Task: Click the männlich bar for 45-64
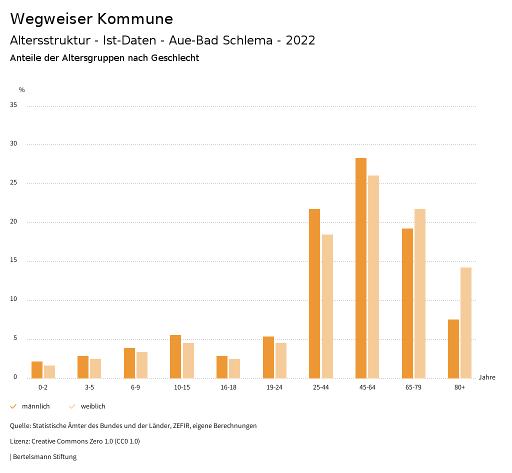(361, 268)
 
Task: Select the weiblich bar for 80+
(466, 322)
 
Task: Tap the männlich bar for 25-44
(314, 293)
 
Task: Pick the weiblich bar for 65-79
(420, 293)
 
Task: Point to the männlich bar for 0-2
(37, 370)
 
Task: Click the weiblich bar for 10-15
(188, 360)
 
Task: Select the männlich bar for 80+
(453, 348)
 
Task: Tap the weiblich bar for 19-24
(281, 360)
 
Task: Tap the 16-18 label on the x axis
(228, 387)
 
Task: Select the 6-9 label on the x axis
(135, 387)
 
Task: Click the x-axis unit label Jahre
(487, 377)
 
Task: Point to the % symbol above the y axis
(22, 90)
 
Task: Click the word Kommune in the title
(135, 19)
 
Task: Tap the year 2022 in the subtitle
(300, 40)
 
